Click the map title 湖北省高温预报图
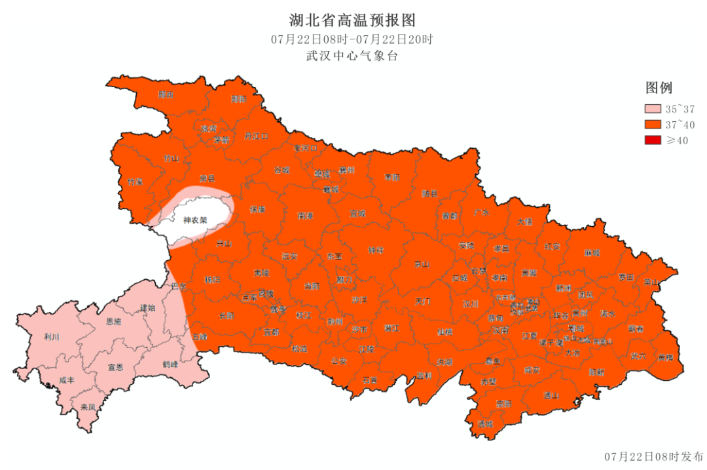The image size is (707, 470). click(353, 20)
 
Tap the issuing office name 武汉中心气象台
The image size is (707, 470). click(352, 56)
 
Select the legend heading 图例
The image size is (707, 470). click(659, 88)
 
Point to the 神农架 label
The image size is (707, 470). click(195, 220)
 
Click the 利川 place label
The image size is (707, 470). click(52, 336)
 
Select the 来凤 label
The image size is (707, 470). click(88, 407)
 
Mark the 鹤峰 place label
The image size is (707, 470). click(170, 363)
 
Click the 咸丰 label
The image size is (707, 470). click(67, 380)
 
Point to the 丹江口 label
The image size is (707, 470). click(256, 136)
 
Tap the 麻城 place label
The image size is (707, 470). click(592, 252)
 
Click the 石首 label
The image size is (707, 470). click(370, 380)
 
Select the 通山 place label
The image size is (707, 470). click(551, 395)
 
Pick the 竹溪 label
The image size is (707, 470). click(135, 182)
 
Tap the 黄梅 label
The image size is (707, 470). click(665, 357)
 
